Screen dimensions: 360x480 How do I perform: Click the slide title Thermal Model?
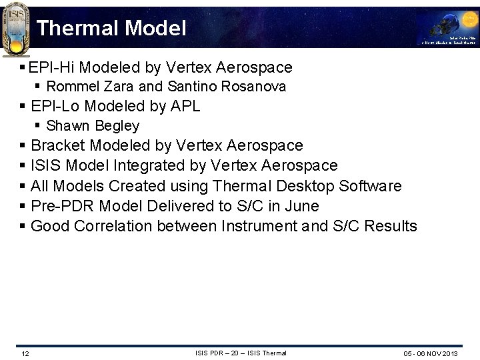tap(111, 28)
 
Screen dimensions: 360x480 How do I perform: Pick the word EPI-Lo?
tap(55, 106)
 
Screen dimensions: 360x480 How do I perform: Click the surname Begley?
tap(117, 126)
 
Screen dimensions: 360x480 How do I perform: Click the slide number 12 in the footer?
tap(25, 353)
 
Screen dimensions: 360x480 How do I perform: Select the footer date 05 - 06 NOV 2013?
tap(431, 353)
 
